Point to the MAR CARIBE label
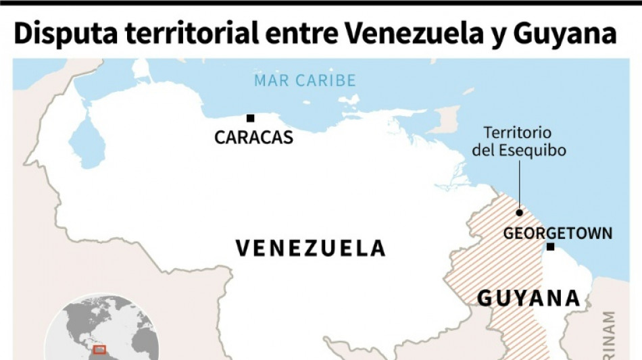(x=304, y=81)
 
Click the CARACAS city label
(x=253, y=138)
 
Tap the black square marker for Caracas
(x=250, y=118)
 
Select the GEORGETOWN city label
(x=558, y=234)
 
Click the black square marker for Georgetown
(x=550, y=247)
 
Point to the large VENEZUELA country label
(x=310, y=248)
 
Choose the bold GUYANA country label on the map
(x=528, y=298)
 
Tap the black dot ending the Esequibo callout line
(x=519, y=212)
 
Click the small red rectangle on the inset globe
(x=99, y=350)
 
